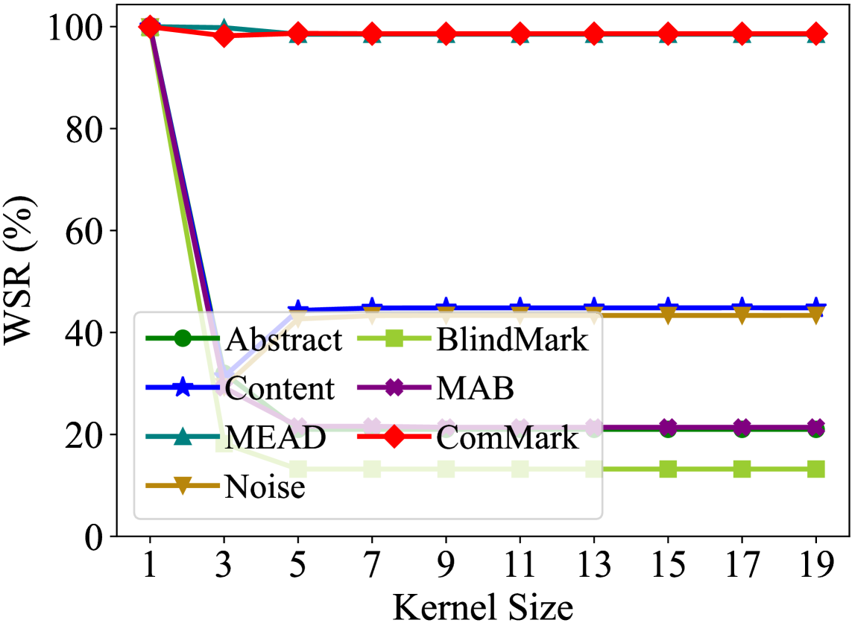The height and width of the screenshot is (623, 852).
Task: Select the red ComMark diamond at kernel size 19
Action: (816, 34)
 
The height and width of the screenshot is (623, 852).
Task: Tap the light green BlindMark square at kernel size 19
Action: (816, 469)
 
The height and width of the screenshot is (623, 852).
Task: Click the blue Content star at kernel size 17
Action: (742, 307)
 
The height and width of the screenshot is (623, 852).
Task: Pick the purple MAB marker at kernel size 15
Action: (668, 427)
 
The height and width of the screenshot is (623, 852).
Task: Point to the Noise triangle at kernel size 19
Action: (816, 316)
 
